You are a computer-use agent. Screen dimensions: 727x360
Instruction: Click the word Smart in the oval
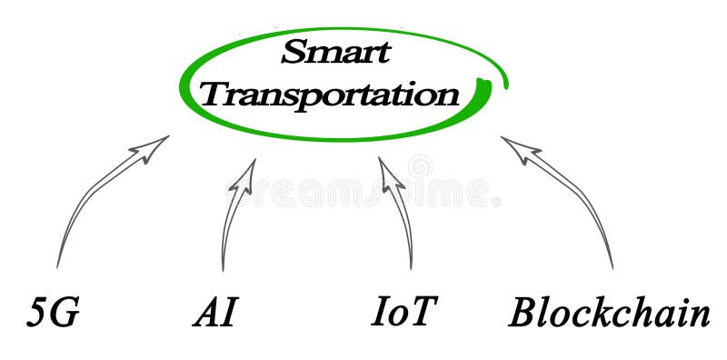[334, 52]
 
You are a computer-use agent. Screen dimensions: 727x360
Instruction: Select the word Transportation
[330, 93]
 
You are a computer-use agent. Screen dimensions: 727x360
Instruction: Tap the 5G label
[53, 313]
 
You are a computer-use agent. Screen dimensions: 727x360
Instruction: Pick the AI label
[215, 313]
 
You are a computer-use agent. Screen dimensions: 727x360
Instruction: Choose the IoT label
[403, 312]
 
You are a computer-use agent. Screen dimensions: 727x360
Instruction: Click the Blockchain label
[609, 313]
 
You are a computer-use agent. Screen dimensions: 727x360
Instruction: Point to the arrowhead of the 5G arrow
[156, 144]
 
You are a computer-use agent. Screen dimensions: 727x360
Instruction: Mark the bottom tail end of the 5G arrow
[56, 266]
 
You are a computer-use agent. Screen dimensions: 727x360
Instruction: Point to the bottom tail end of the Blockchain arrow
[612, 267]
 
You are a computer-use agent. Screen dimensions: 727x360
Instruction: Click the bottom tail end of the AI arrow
[223, 270]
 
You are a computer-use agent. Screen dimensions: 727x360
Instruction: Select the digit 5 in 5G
[38, 313]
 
